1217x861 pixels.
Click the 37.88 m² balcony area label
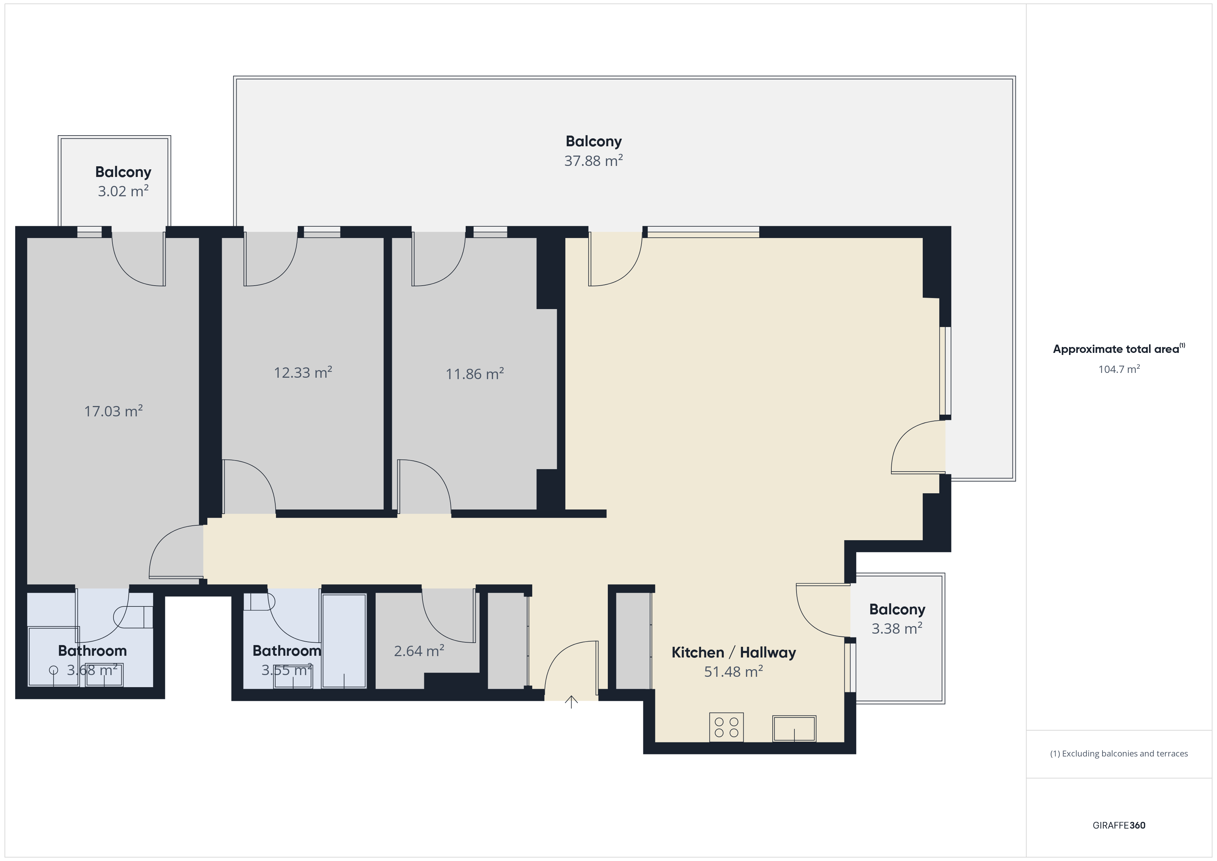pyautogui.click(x=593, y=161)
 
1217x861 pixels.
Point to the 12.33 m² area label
pyautogui.click(x=303, y=372)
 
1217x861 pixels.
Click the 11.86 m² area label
pyautogui.click(x=474, y=374)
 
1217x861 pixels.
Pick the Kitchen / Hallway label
pyautogui.click(x=734, y=653)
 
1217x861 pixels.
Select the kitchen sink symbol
pyautogui.click(x=794, y=729)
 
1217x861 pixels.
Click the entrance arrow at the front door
pyautogui.click(x=571, y=702)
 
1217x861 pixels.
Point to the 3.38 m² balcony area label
pyautogui.click(x=897, y=629)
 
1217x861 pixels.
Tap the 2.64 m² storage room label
pyautogui.click(x=419, y=651)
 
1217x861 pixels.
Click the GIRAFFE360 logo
pyautogui.click(x=1119, y=825)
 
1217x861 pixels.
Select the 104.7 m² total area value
pyautogui.click(x=1119, y=369)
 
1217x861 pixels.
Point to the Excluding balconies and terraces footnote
pyautogui.click(x=1119, y=753)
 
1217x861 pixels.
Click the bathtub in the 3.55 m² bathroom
pyautogui.click(x=344, y=641)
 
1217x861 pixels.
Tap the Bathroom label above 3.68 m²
pyautogui.click(x=92, y=651)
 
